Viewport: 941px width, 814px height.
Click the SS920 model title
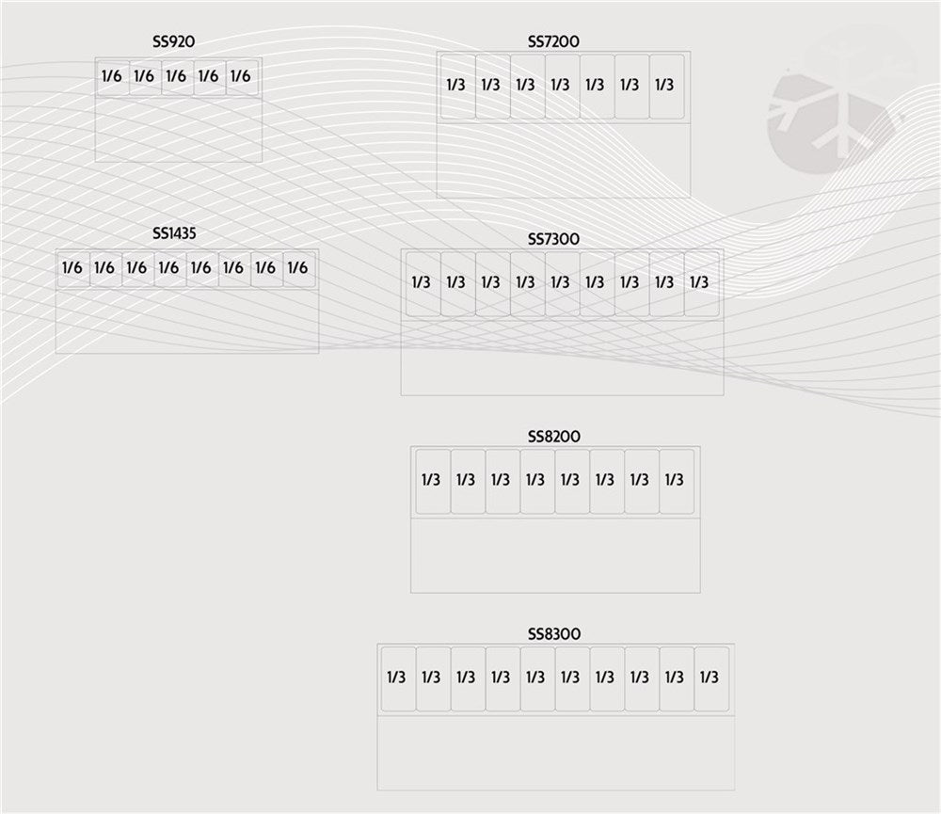pos(173,41)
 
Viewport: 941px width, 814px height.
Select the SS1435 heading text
pos(174,233)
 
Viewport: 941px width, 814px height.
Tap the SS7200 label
pos(553,41)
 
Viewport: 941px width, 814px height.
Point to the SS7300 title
pos(553,239)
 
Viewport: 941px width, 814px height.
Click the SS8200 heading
pos(554,437)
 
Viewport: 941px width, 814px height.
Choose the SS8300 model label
pos(554,634)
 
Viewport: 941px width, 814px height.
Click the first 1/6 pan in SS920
pos(113,77)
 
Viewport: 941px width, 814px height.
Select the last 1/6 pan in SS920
pos(242,77)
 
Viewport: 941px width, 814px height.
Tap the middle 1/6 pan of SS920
pos(178,77)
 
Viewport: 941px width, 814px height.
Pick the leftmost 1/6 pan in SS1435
pos(73,269)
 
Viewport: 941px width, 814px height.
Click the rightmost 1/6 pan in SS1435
pos(299,269)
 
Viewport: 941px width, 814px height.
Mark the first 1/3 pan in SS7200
pos(458,87)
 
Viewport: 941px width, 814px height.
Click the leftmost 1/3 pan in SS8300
pos(398,678)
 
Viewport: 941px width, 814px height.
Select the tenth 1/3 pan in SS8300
pos(711,678)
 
